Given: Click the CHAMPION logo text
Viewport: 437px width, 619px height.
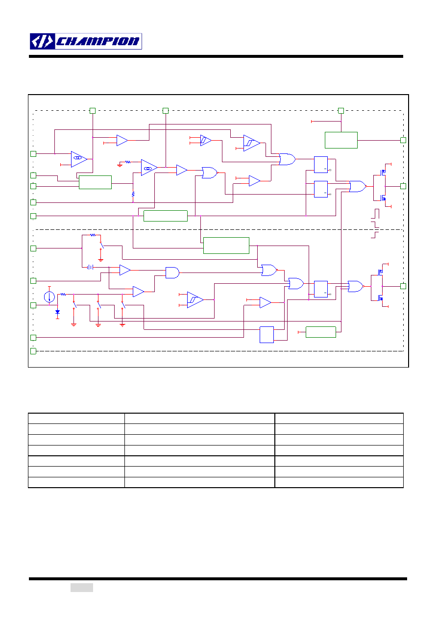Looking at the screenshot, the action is pyautogui.click(x=97, y=42).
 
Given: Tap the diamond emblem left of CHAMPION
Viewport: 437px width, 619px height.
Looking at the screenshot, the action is pyautogui.click(x=42, y=42).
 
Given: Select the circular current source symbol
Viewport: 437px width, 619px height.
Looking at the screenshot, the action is pyautogui.click(x=49, y=297).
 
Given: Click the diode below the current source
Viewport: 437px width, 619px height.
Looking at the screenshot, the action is pyautogui.click(x=57, y=312).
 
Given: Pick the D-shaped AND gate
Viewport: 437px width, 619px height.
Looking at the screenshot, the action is pyautogui.click(x=172, y=272).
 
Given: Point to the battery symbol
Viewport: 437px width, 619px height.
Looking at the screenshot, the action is pyautogui.click(x=90, y=267).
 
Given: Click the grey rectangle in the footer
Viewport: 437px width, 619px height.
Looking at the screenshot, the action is pyautogui.click(x=82, y=587).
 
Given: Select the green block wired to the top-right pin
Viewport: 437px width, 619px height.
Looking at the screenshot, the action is pyautogui.click(x=341, y=140).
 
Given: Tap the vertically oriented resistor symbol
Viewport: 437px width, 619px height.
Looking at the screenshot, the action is pyautogui.click(x=133, y=194).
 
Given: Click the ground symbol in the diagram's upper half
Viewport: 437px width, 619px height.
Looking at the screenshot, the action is pyautogui.click(x=120, y=165).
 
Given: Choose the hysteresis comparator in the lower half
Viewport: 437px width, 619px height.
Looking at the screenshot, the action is pyautogui.click(x=195, y=300).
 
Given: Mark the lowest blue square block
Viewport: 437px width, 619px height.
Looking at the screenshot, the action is pyautogui.click(x=267, y=335).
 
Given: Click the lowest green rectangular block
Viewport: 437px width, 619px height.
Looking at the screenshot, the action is pyautogui.click(x=321, y=332).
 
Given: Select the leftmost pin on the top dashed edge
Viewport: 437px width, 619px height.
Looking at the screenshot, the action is pyautogui.click(x=93, y=111).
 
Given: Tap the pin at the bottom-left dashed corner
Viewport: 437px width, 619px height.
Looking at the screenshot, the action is pyautogui.click(x=33, y=351).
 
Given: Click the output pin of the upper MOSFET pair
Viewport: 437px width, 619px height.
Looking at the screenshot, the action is pyautogui.click(x=403, y=186).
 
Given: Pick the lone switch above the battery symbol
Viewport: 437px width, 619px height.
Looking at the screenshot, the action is pyautogui.click(x=101, y=246).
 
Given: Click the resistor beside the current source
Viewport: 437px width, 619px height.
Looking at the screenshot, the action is pyautogui.click(x=63, y=294).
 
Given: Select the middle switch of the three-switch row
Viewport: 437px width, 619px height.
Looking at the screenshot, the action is pyautogui.click(x=99, y=305).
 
